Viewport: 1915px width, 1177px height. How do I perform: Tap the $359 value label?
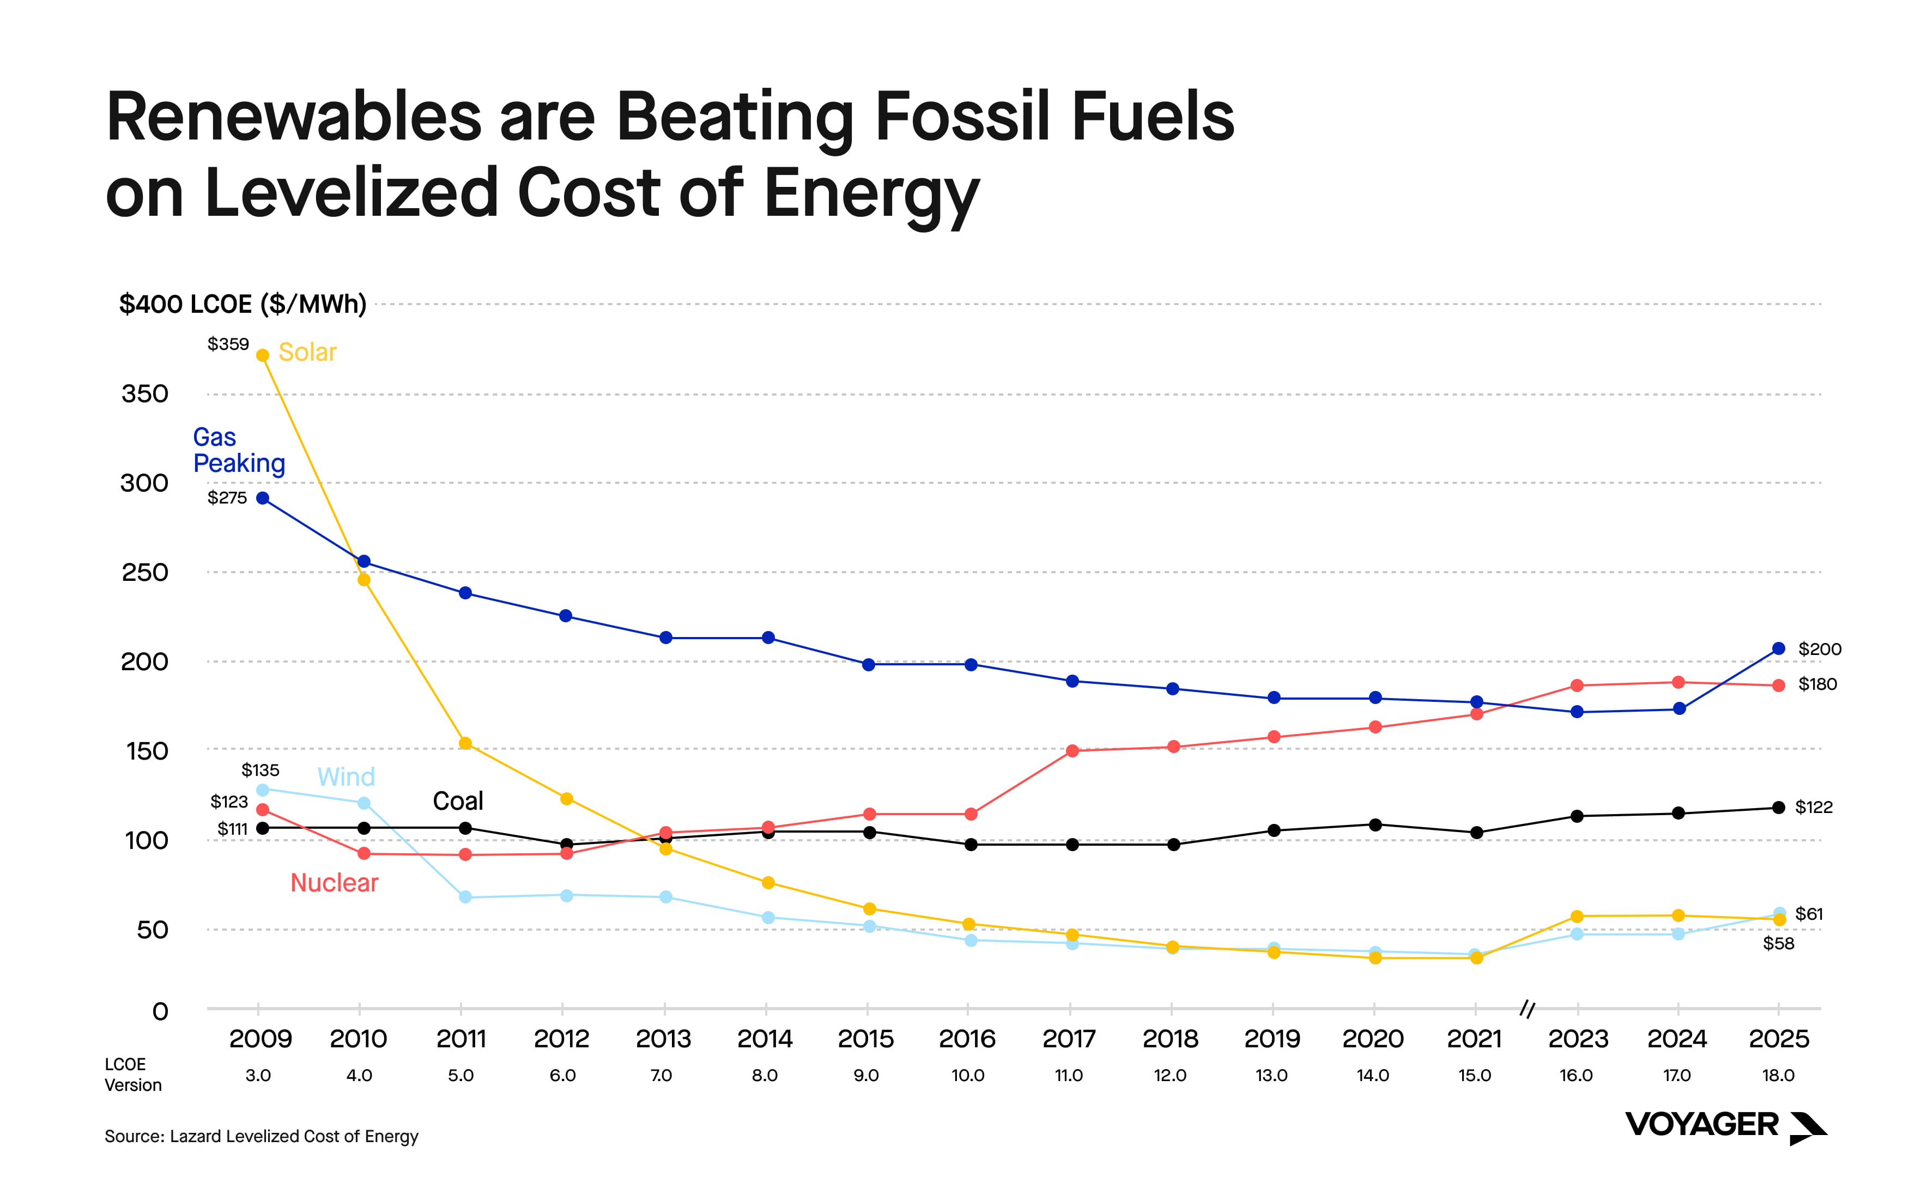228,344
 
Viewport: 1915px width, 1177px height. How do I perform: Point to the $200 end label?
1819,649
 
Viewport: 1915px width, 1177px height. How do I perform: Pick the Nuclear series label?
334,883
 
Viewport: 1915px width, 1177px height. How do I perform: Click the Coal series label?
458,801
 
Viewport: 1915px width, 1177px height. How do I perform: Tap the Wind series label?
347,777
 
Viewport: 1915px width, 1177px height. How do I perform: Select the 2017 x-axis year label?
1069,1039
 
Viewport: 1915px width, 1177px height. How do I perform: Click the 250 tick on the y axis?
145,573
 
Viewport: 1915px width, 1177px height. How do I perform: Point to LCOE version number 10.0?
968,1076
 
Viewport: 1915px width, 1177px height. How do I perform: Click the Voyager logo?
1725,1126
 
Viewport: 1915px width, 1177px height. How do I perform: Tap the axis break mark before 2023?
1528,1010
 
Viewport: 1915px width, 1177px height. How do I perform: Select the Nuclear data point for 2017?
1072,750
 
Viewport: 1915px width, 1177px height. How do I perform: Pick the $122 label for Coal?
1814,807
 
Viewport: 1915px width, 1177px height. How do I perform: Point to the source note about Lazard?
261,1137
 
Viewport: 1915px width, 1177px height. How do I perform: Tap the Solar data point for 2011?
465,743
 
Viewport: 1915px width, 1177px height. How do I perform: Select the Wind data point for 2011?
465,897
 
